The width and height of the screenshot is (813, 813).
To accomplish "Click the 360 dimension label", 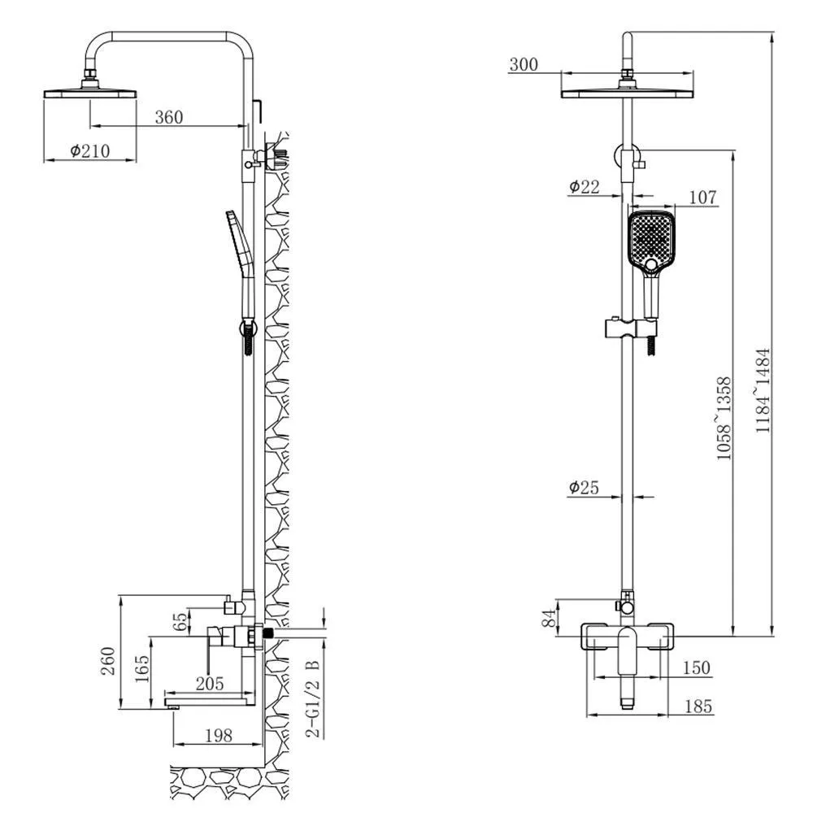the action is click(169, 117).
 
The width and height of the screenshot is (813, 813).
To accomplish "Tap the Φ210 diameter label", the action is click(90, 151).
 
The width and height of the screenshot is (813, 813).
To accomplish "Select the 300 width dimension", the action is click(524, 65).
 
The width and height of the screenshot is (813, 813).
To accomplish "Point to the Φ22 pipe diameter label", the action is click(585, 187).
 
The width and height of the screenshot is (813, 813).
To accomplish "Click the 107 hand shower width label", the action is click(702, 198).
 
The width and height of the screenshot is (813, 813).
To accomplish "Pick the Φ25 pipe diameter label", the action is click(584, 487).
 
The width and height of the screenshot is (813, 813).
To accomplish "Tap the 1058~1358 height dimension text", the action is click(724, 419).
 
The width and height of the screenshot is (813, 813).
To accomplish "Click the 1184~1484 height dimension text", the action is click(763, 391).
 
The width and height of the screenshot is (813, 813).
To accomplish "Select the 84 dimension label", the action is click(549, 618).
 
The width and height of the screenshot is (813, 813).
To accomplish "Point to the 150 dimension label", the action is click(697, 667).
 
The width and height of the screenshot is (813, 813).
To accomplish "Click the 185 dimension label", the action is click(698, 706).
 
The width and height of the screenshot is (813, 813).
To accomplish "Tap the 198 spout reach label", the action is click(219, 735).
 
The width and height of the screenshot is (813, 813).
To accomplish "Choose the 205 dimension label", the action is click(210, 684).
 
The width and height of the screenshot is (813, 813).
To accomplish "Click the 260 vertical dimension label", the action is click(108, 660).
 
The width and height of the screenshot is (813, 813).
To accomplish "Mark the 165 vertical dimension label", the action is click(141, 669).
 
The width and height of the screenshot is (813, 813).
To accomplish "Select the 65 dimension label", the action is click(180, 622).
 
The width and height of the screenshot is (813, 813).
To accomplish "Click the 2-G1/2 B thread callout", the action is click(313, 699).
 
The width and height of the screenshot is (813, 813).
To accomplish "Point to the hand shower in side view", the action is click(241, 264).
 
